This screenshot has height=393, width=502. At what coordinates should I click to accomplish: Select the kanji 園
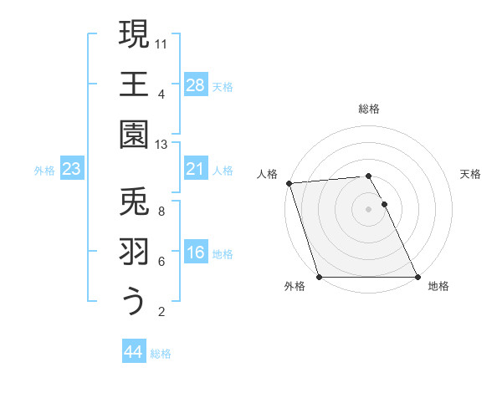pyautogui.click(x=133, y=134)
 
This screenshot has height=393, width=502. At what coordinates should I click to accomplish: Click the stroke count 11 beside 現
pyautogui.click(x=162, y=43)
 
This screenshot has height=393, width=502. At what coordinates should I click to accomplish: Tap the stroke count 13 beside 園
pyautogui.click(x=162, y=144)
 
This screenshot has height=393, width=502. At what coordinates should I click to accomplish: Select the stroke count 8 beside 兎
pyautogui.click(x=161, y=212)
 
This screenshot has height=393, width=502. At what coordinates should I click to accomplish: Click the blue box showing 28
pyautogui.click(x=196, y=85)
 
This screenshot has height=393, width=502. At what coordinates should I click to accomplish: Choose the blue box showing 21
pyautogui.click(x=196, y=170)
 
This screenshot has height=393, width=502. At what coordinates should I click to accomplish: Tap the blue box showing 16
pyautogui.click(x=196, y=253)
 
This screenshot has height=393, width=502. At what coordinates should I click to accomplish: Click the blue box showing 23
pyautogui.click(x=71, y=170)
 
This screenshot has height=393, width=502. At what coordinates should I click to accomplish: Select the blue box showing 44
pyautogui.click(x=133, y=352)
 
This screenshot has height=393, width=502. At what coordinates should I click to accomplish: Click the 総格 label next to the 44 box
pyautogui.click(x=161, y=354)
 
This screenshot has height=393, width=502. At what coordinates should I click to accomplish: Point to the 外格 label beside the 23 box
pyautogui.click(x=44, y=171)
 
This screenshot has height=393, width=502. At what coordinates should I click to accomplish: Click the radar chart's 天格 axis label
pyautogui.click(x=470, y=174)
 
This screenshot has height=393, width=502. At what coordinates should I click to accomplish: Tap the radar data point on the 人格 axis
pyautogui.click(x=289, y=183)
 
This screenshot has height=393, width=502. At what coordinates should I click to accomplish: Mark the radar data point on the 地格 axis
pyautogui.click(x=417, y=277)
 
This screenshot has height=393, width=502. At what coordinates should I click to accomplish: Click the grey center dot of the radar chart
pyautogui.click(x=368, y=209)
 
